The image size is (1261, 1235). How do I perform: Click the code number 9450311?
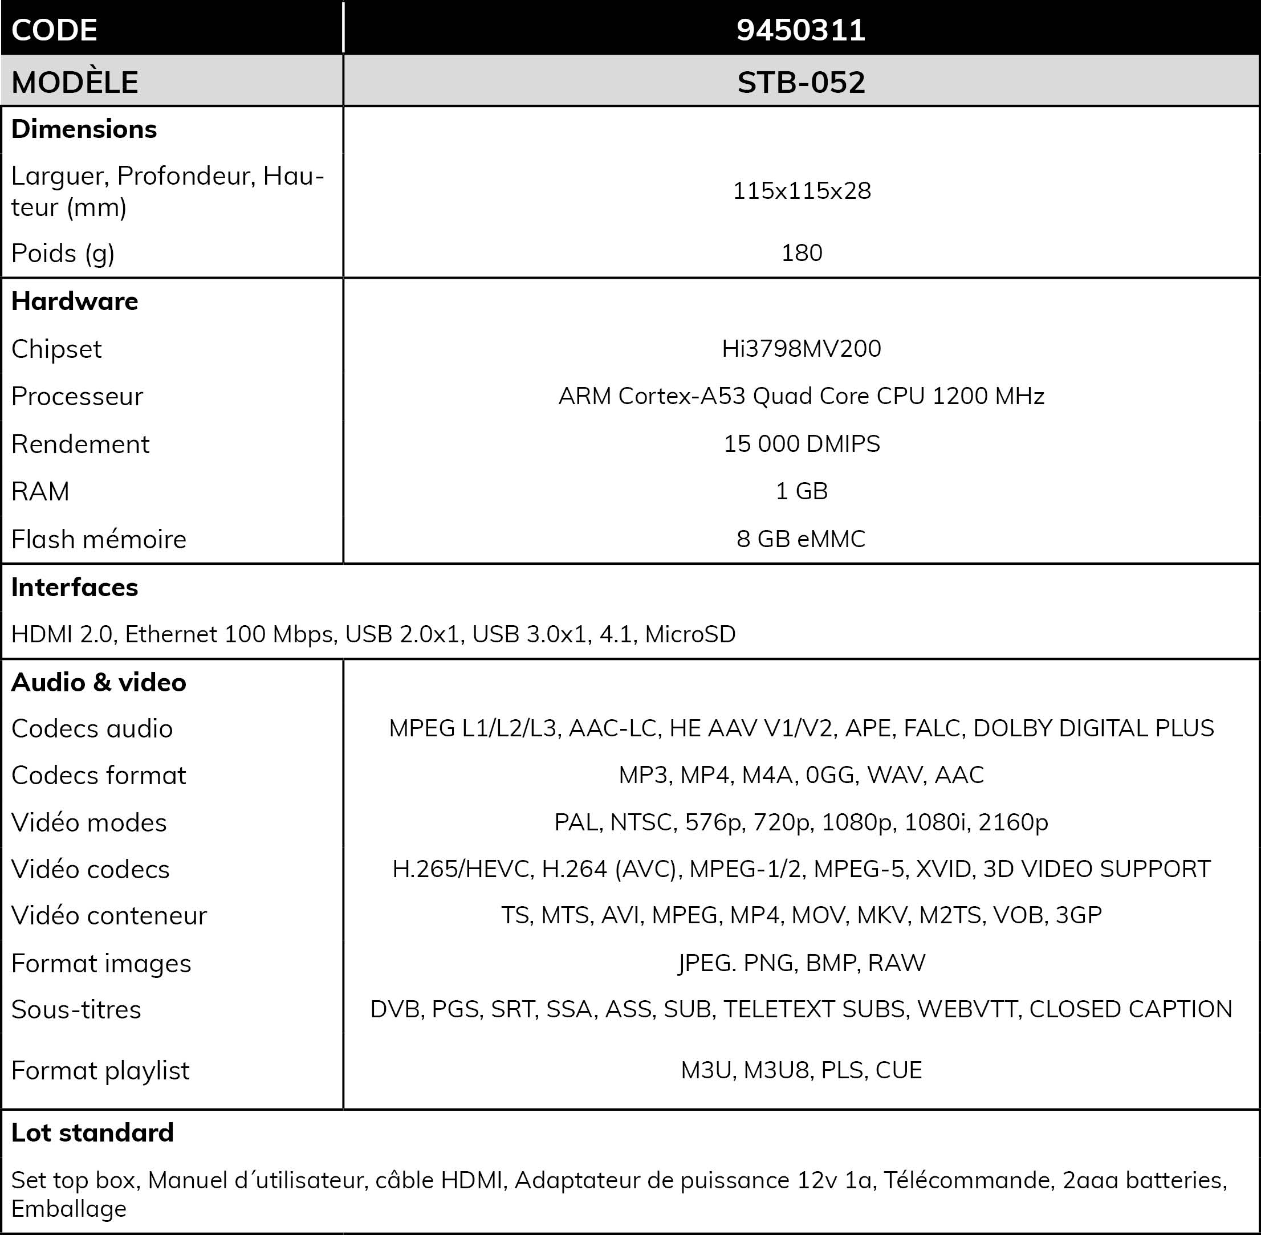coord(800,30)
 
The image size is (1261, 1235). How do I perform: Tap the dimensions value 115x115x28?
coord(802,191)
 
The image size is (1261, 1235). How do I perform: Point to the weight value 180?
coord(802,252)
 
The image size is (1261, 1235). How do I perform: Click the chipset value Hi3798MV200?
coord(802,348)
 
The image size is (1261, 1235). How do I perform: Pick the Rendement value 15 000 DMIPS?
coord(802,443)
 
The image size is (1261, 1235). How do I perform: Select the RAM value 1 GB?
coord(802,491)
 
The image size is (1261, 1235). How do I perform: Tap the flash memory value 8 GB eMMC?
coord(801,539)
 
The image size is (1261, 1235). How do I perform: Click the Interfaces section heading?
coord(75,587)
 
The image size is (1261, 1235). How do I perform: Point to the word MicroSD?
coord(690,634)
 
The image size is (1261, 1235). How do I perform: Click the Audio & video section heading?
coord(99,682)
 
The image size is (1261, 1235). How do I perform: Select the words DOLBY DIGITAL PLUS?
coord(1093,728)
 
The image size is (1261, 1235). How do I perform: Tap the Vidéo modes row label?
coord(89,822)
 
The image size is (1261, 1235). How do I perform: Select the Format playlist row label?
coord(100,1071)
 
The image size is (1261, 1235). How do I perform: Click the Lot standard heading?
coord(92,1132)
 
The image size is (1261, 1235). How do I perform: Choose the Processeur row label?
coord(77,396)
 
